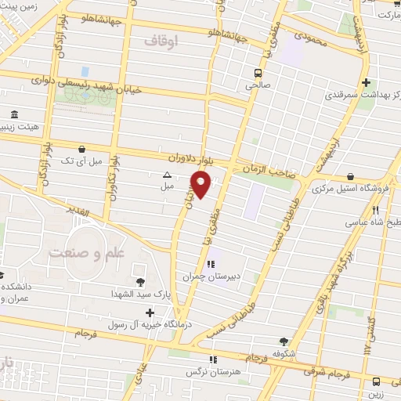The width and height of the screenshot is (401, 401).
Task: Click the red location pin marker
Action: pyautogui.click(x=201, y=185)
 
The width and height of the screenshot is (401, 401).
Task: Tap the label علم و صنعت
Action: pyautogui.click(x=77, y=253)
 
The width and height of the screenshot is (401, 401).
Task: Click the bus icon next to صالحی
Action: pyautogui.click(x=257, y=74)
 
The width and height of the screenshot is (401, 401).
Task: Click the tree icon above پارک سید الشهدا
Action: pyautogui.click(x=140, y=281)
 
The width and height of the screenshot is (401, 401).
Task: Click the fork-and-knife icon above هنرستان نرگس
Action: pyautogui.click(x=211, y=359)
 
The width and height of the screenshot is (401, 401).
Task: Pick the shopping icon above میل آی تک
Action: pyautogui.click(x=82, y=148)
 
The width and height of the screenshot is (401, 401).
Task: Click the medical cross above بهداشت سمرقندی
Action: pyautogui.click(x=365, y=82)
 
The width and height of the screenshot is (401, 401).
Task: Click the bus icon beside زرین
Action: pyautogui.click(x=377, y=381)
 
